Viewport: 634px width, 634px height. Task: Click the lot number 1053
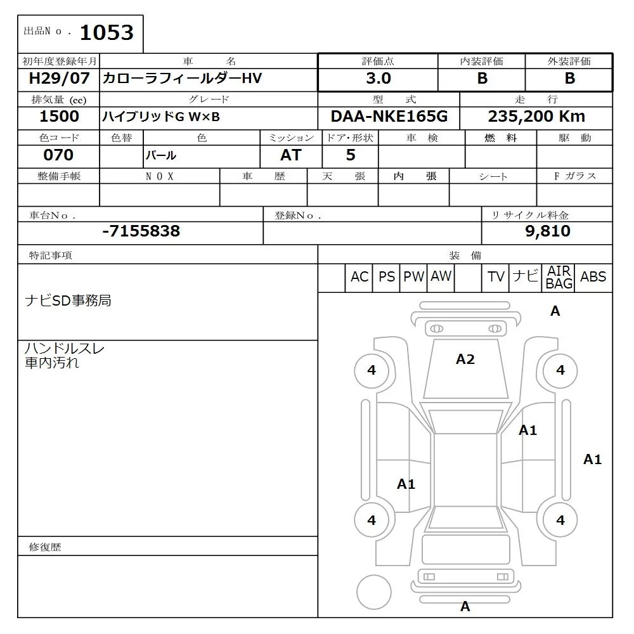[106, 32]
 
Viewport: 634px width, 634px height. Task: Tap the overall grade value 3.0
[378, 79]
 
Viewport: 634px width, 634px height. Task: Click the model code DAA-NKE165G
[389, 117]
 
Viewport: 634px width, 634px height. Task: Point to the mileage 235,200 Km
[536, 117]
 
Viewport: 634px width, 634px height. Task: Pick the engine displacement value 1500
[59, 117]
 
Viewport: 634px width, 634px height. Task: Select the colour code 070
[58, 155]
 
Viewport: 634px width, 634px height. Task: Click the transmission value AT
[290, 155]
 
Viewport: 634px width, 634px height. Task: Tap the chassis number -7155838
[141, 231]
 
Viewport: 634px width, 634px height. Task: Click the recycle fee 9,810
[547, 231]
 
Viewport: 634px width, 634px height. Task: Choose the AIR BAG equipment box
[559, 278]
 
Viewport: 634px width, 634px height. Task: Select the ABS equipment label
[593, 277]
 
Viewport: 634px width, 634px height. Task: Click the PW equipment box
[413, 277]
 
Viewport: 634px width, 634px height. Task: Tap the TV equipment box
[496, 277]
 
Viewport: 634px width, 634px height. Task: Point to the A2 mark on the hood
[465, 359]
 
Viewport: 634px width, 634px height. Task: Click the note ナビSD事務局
[68, 301]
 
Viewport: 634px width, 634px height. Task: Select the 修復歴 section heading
[45, 547]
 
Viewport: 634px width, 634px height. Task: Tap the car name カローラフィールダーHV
[182, 79]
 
